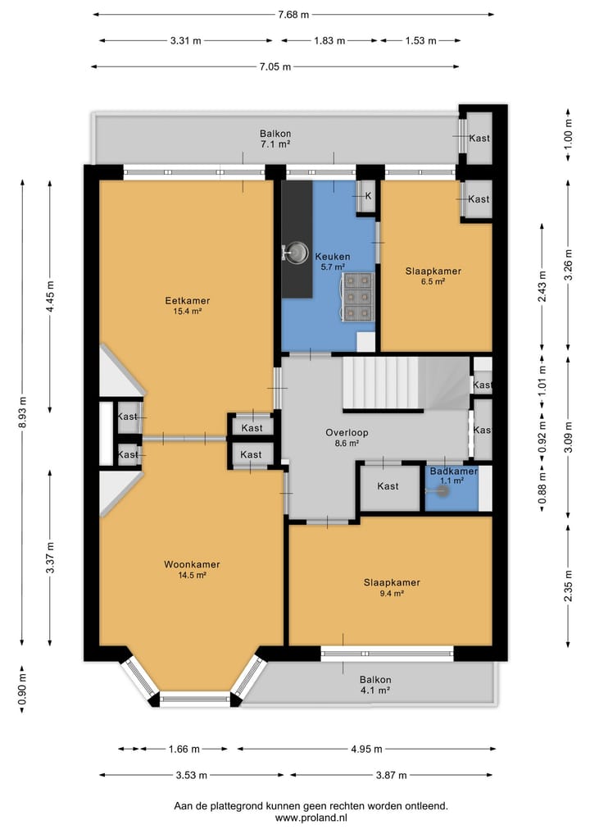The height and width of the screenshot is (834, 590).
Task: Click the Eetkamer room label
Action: [187, 300]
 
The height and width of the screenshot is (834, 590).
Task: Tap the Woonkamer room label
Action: [192, 564]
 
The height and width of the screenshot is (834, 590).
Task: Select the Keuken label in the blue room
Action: [333, 257]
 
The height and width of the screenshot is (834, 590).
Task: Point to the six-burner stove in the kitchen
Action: [358, 297]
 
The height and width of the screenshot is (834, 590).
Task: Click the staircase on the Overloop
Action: [406, 384]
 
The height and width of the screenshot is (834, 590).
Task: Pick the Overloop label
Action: [347, 432]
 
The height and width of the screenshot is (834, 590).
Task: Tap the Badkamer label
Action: [453, 472]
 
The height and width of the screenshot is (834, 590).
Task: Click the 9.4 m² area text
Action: [392, 593]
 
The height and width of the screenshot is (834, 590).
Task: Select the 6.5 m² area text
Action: [433, 281]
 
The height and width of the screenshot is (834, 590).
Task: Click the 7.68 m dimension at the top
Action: [293, 15]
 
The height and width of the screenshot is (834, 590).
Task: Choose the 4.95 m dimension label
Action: [367, 749]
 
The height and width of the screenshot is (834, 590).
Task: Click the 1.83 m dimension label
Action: [329, 40]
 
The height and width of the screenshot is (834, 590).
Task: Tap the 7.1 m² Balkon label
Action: [275, 139]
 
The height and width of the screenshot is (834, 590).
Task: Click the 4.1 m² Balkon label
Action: [375, 685]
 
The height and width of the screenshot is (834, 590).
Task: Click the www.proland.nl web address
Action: [311, 818]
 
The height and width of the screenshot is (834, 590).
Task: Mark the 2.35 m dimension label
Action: [568, 586]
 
